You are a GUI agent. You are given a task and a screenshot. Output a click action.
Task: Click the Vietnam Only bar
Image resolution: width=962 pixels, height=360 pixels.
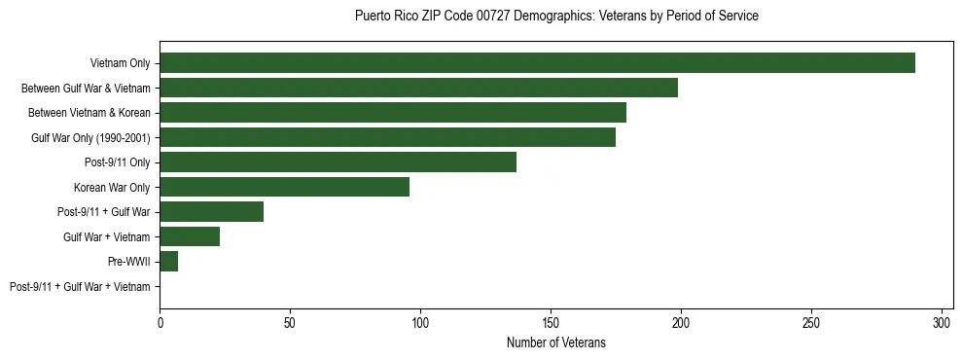tap(537, 63)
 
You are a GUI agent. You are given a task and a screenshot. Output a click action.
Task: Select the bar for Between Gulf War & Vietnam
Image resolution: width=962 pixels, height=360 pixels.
tap(418, 89)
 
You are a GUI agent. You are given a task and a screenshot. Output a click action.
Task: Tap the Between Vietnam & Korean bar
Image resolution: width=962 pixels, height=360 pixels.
tap(393, 113)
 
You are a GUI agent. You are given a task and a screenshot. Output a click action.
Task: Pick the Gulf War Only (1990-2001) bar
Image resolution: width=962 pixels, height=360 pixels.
tap(387, 137)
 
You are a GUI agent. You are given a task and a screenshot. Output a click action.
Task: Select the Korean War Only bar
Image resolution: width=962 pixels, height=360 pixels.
tap(284, 187)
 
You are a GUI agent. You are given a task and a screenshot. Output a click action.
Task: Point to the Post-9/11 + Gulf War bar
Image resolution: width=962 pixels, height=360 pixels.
tap(211, 212)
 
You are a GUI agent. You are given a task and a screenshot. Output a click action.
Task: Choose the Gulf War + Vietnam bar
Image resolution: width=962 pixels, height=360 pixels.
tap(190, 236)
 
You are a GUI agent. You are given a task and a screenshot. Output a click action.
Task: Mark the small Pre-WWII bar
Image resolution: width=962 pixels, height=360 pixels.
tap(168, 261)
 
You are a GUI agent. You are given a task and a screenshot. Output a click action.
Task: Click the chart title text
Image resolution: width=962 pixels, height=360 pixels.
tap(556, 17)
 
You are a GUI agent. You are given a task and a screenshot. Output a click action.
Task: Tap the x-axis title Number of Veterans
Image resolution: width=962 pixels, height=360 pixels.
tap(556, 342)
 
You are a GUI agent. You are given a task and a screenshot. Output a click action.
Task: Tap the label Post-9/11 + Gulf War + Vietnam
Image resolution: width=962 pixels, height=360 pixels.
tap(80, 286)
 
